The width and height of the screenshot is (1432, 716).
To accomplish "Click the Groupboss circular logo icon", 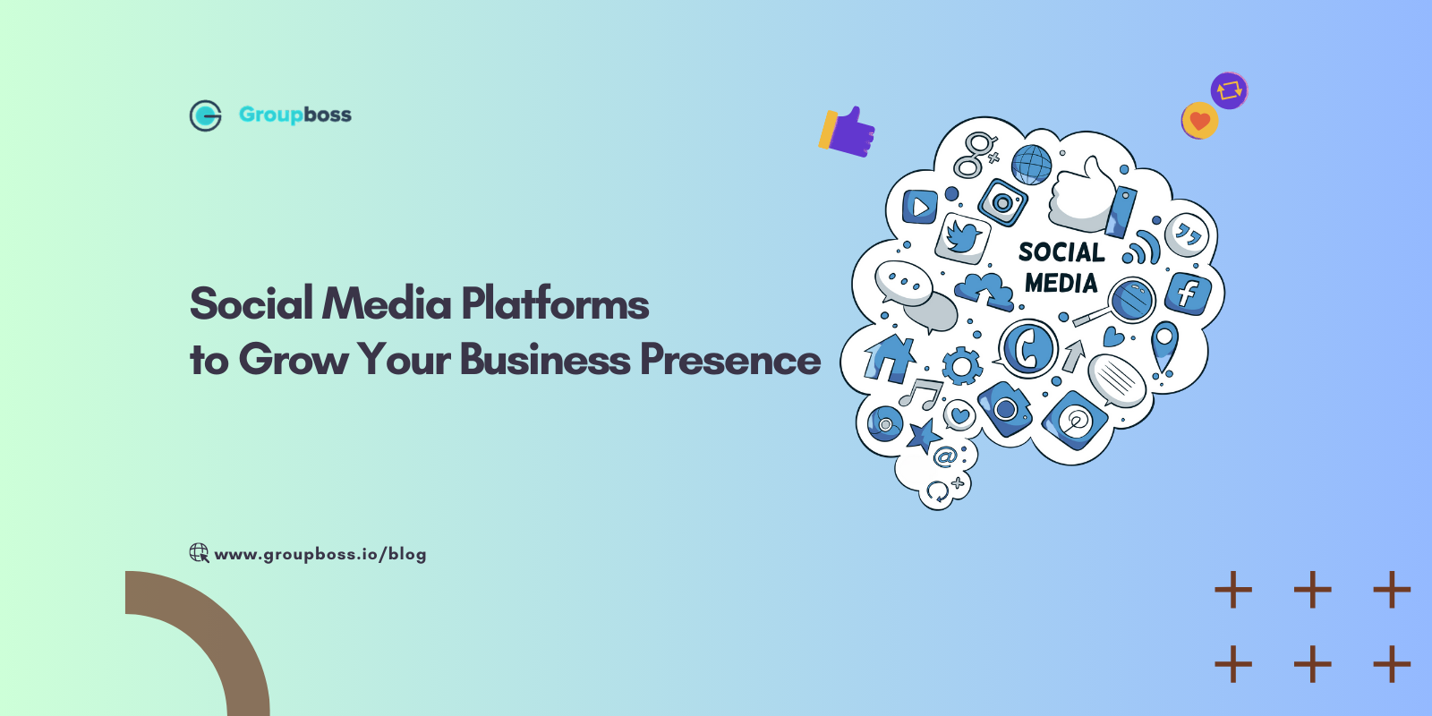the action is tap(205, 115).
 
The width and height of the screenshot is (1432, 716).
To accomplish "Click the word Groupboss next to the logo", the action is tap(295, 115).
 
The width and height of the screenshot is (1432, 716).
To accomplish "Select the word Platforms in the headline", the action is tap(555, 303).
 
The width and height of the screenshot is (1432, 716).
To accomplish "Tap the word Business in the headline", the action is tap(545, 359).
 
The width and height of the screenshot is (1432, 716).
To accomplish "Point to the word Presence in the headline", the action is tap(730, 359).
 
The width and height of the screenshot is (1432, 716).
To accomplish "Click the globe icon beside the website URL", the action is tap(199, 553).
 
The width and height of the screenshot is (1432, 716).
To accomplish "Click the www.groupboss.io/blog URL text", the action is tap(320, 554).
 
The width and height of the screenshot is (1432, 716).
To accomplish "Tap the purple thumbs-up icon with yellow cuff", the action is tap(847, 132).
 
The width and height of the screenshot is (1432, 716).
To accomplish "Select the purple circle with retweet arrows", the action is tap(1229, 90).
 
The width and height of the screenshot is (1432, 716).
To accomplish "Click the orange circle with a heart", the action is tap(1199, 121).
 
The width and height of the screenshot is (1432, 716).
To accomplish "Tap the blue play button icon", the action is tap(920, 207).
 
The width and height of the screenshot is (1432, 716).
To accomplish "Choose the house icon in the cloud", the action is tap(890, 358).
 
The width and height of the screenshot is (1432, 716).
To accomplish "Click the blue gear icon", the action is tap(961, 366).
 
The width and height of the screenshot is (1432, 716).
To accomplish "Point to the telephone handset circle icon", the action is tap(1028, 349).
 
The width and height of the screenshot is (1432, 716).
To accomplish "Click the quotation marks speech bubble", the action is tap(1187, 235).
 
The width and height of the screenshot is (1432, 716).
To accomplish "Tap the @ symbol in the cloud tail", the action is tap(945, 456).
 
